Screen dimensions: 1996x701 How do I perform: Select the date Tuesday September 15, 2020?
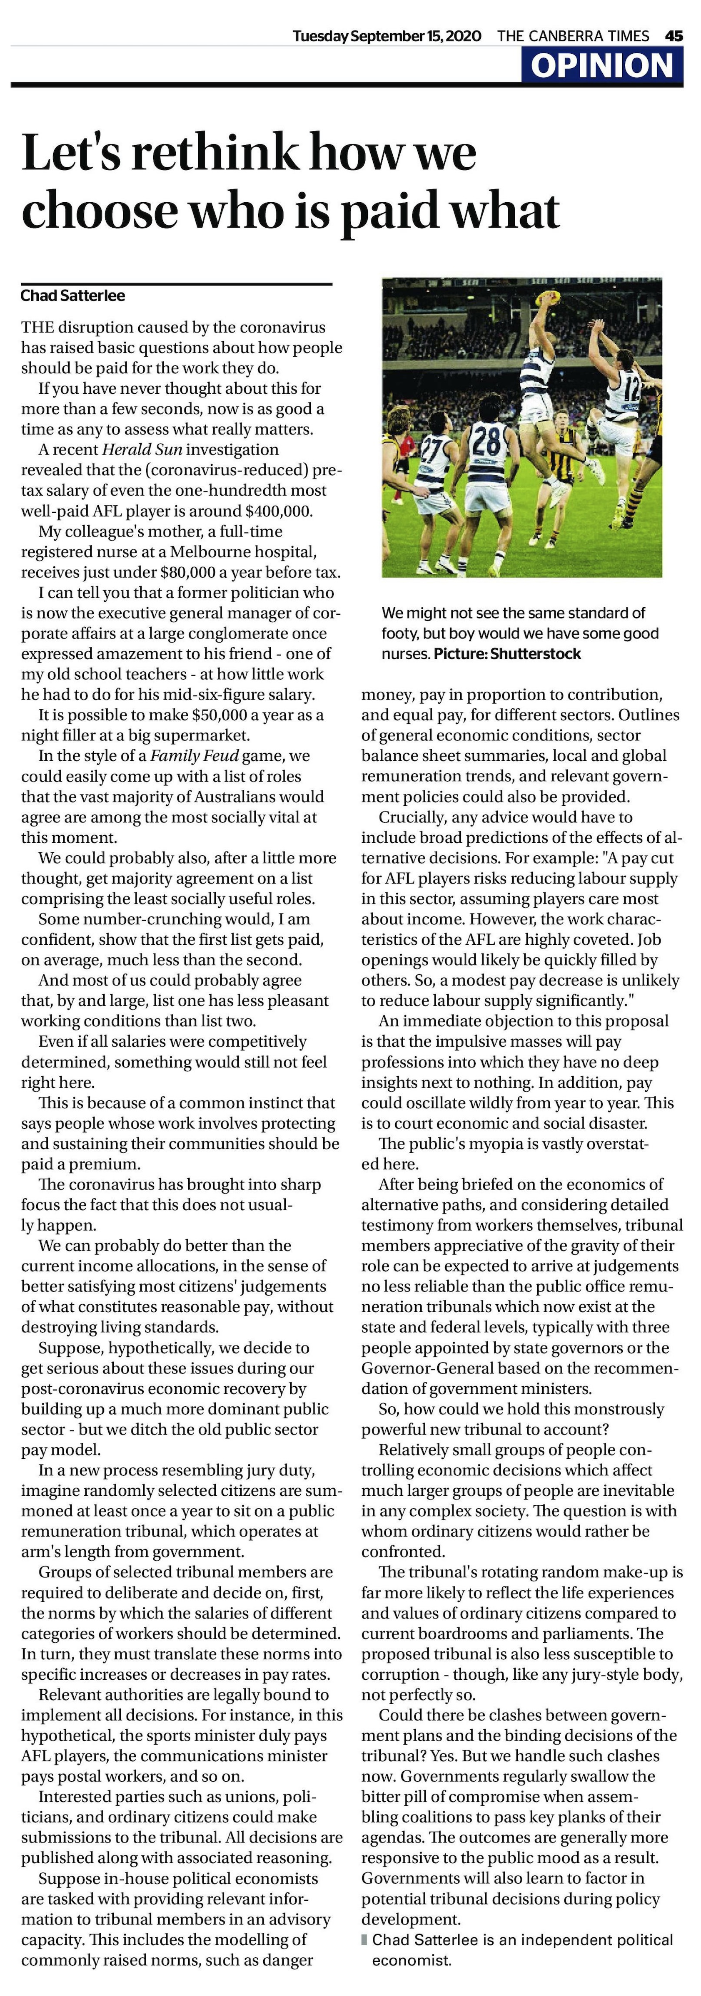click(x=386, y=36)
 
